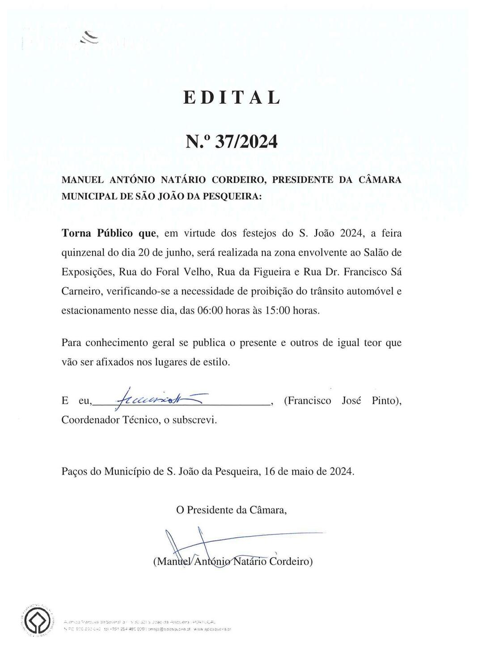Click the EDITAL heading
pyautogui.click(x=232, y=98)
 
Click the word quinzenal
pyautogui.click(x=83, y=253)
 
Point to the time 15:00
pyautogui.click(x=277, y=310)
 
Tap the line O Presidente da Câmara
pyautogui.click(x=231, y=510)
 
